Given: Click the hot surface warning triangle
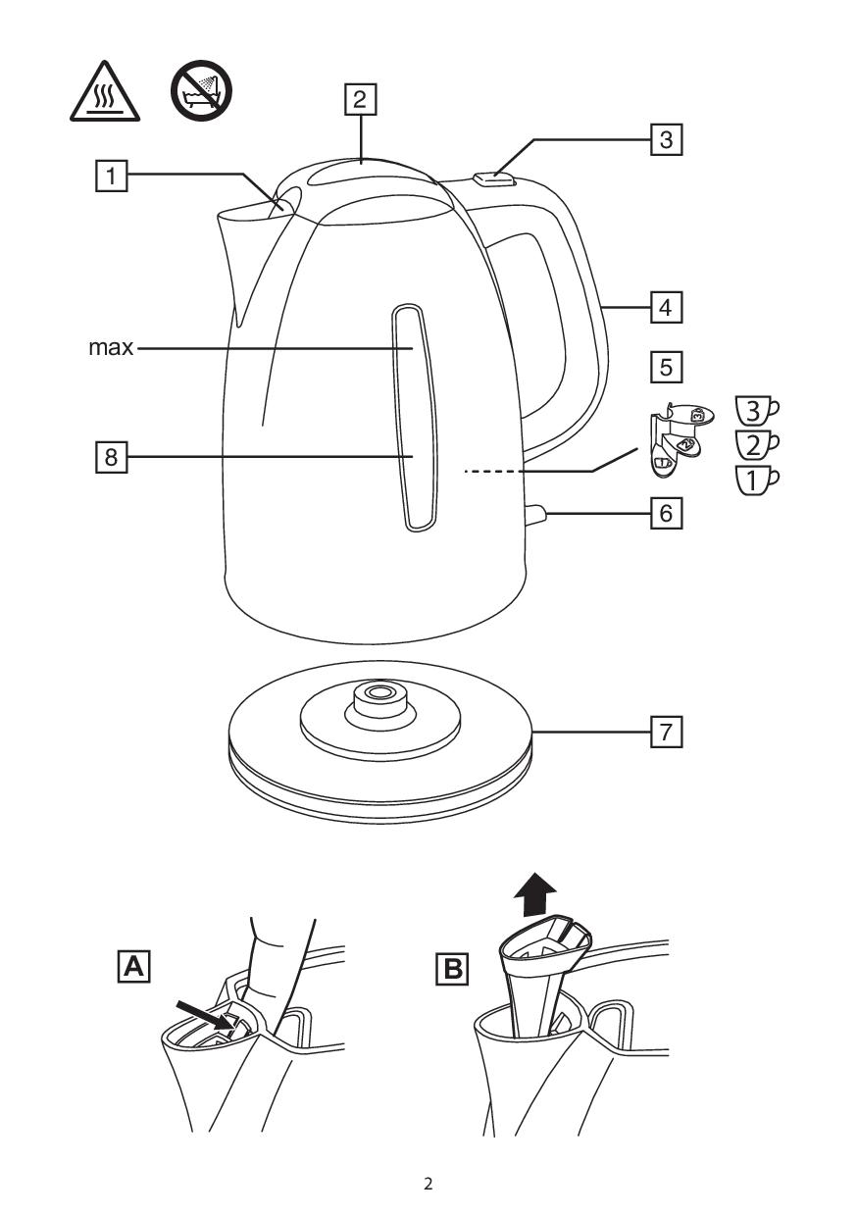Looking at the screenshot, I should (x=104, y=94).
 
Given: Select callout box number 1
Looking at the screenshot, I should (x=113, y=176).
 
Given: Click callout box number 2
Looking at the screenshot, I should (x=359, y=98).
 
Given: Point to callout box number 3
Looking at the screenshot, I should (x=666, y=138).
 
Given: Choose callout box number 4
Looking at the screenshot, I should (x=666, y=307).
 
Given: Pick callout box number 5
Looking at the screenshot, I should (x=666, y=367).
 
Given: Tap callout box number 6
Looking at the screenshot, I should (x=666, y=513).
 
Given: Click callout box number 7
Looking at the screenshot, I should (x=666, y=732).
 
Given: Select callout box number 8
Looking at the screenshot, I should (x=111, y=457).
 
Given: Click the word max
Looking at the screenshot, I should (x=110, y=347).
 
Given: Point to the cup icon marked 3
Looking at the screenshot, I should (x=757, y=409).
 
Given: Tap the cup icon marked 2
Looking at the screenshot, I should (x=757, y=444).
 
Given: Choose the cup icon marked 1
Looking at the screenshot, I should (x=757, y=479).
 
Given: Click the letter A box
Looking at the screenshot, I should (x=133, y=969).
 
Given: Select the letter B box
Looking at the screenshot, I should (x=452, y=969).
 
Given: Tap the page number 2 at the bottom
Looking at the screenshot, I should (x=428, y=1183).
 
